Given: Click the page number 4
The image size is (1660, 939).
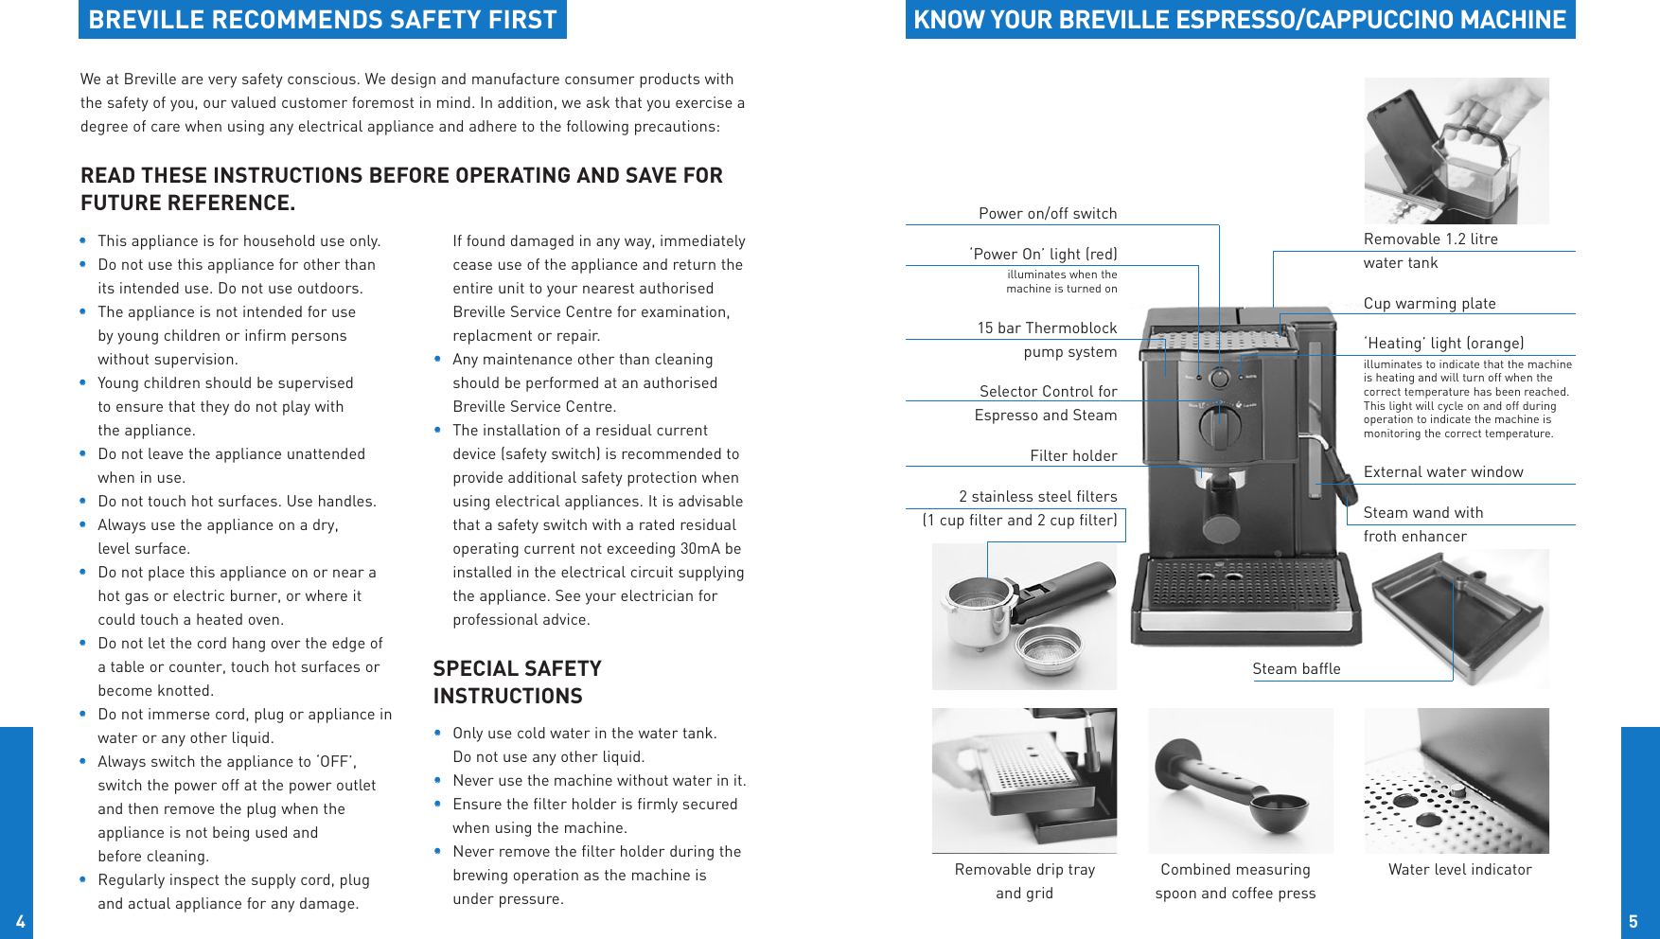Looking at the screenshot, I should point(20,921).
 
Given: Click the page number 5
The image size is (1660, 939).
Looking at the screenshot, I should point(1633,921).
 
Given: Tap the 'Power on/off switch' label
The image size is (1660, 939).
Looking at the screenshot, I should point(1048,214).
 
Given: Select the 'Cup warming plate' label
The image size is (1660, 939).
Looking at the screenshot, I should point(1429,304).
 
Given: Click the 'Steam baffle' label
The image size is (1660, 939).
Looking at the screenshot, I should point(1296,669).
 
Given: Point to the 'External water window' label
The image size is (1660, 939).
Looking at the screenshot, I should point(1442,472).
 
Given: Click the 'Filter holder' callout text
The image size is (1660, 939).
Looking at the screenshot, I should point(1073,456).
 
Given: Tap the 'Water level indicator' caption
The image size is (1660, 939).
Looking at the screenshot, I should point(1459,870).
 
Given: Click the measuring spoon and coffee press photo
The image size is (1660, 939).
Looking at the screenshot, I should point(1240,781).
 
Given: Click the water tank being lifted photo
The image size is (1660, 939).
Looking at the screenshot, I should point(1456,151).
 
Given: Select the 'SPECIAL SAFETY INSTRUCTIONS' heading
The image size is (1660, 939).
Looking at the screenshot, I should point(517,682).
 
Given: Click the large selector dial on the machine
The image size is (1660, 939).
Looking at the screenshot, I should point(1220,426).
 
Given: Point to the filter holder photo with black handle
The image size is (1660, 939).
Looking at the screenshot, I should point(1024,615).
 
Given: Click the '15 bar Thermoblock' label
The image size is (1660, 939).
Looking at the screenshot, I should point(1047,328).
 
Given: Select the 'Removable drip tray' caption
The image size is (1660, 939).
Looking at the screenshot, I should point(1024,870).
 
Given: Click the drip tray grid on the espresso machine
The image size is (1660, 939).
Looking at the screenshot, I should point(1245,583).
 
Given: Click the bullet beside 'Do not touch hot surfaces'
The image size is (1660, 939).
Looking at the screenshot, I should point(83,502).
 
